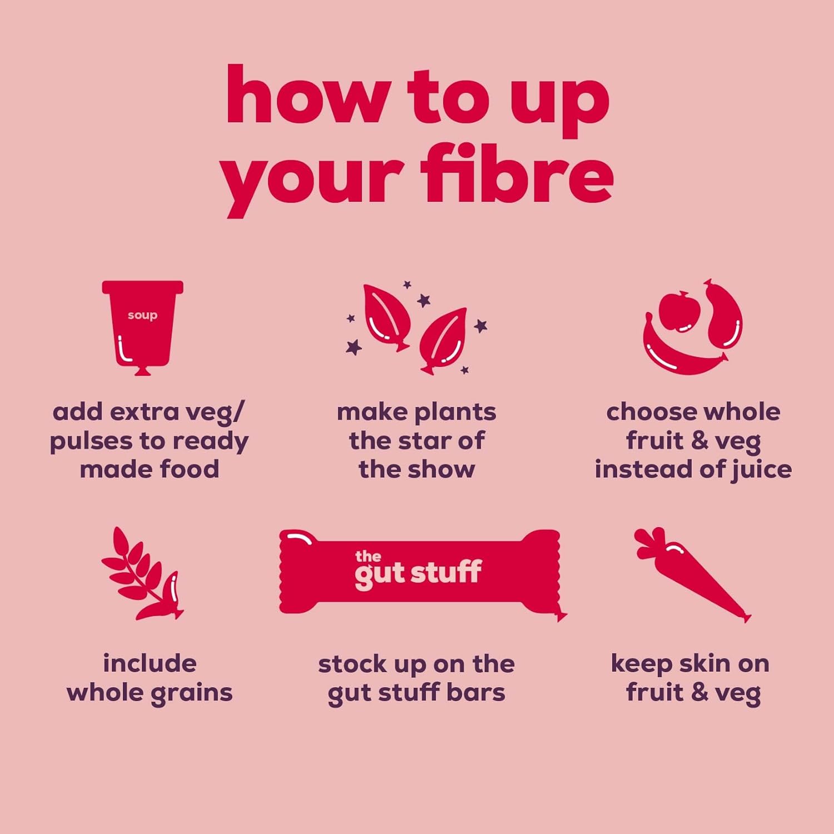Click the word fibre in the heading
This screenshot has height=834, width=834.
pos(517,173)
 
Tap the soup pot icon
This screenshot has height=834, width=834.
pos(142,327)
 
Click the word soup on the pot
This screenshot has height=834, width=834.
pos(142,316)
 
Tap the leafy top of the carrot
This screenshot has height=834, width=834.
pos(651,543)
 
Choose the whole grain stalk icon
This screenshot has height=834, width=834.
pos(142,574)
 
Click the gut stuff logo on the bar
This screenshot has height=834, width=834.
pos(418,570)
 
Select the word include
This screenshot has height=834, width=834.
pos(150,663)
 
